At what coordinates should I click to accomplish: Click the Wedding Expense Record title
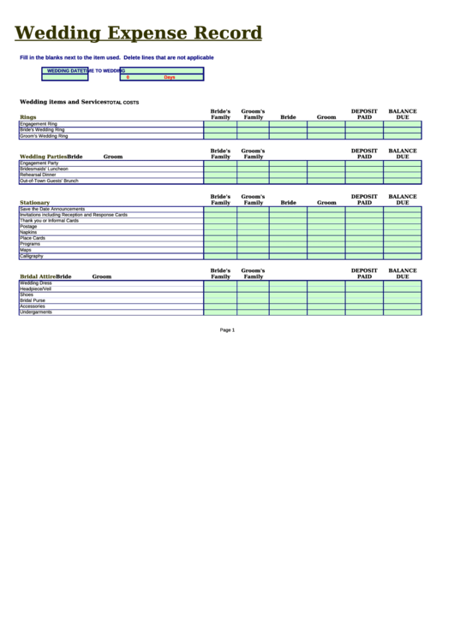(x=138, y=33)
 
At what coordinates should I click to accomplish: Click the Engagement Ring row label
(x=39, y=124)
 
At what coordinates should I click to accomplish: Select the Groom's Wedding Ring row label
(x=44, y=136)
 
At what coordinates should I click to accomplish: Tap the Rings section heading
(x=28, y=117)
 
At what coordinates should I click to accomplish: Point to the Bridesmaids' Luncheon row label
(x=44, y=169)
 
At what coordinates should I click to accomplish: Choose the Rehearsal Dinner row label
(x=38, y=175)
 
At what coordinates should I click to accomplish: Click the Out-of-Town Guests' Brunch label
(x=49, y=181)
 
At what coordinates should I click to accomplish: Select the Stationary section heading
(x=35, y=203)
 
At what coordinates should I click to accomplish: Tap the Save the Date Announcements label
(x=52, y=209)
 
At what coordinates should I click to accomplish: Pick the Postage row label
(x=28, y=227)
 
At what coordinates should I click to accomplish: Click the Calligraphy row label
(x=31, y=256)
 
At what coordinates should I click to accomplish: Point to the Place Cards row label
(x=33, y=238)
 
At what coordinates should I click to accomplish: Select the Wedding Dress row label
(x=36, y=283)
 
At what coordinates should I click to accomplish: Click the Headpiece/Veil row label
(x=36, y=289)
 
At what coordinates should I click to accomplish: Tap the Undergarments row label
(x=36, y=312)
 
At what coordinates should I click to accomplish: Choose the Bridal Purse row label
(x=33, y=300)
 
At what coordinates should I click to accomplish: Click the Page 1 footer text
(x=227, y=329)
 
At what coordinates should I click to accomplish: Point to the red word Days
(x=169, y=77)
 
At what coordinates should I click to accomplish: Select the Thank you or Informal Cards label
(x=49, y=221)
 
